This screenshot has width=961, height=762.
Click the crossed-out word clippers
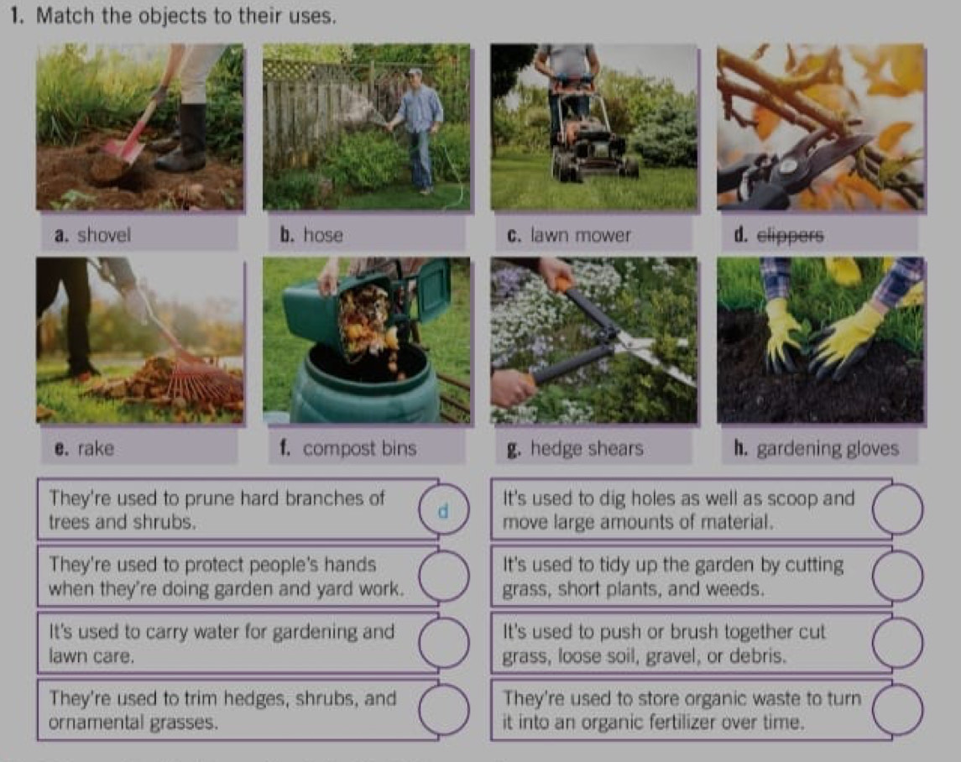790,236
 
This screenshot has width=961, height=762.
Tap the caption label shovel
103,235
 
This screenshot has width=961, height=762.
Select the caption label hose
323,235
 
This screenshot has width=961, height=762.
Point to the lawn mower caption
581,235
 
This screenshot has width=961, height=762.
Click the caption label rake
96,448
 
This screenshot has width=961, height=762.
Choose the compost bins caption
360,448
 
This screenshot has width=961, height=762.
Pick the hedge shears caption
587,448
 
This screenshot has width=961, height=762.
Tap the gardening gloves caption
828,449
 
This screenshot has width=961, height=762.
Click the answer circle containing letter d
444,509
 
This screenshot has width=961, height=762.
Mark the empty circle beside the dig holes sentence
897,509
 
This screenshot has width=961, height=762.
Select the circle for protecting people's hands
444,576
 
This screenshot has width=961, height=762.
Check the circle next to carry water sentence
444,643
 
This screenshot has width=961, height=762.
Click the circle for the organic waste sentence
897,710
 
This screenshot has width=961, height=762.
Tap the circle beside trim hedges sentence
444,710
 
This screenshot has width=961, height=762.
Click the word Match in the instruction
65,16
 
